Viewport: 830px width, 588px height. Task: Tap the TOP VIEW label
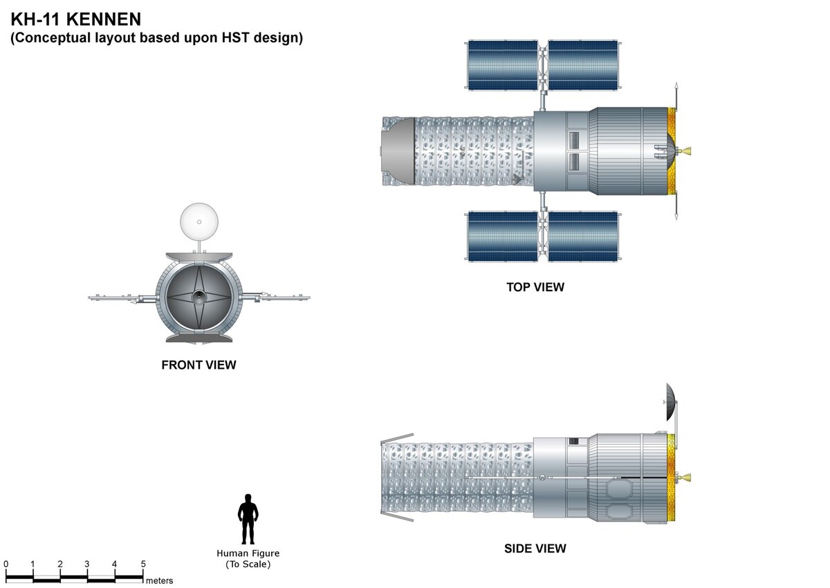pos(535,286)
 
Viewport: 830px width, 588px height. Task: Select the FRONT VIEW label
pos(199,365)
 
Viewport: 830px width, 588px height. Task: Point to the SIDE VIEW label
pos(535,549)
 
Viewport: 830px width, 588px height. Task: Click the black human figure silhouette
pos(248,519)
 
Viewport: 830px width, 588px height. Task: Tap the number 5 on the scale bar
pos(142,564)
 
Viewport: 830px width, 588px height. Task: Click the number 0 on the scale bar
pos(6,564)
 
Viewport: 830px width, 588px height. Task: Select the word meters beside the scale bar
pos(159,580)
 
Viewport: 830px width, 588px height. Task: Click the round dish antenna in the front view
pos(199,221)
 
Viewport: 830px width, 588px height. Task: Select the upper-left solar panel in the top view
pos(503,65)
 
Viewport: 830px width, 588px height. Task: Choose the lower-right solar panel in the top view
pos(583,236)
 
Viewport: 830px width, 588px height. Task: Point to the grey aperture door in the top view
pos(398,151)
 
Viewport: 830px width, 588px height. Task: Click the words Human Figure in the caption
pos(248,553)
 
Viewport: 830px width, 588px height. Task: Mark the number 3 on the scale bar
pos(87,564)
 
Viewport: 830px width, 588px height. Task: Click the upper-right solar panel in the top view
pos(583,65)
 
